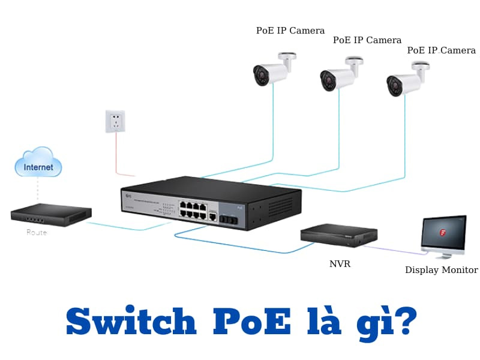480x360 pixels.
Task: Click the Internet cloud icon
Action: pos(38,162)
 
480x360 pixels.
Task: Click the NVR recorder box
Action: pos(338,235)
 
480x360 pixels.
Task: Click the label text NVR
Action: pos(340,263)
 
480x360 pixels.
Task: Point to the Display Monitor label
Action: pos(441,270)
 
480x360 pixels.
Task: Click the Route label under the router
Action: pos(36,232)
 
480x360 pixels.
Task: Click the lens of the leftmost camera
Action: pos(261,75)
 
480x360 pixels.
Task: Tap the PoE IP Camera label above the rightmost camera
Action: pos(441,50)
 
